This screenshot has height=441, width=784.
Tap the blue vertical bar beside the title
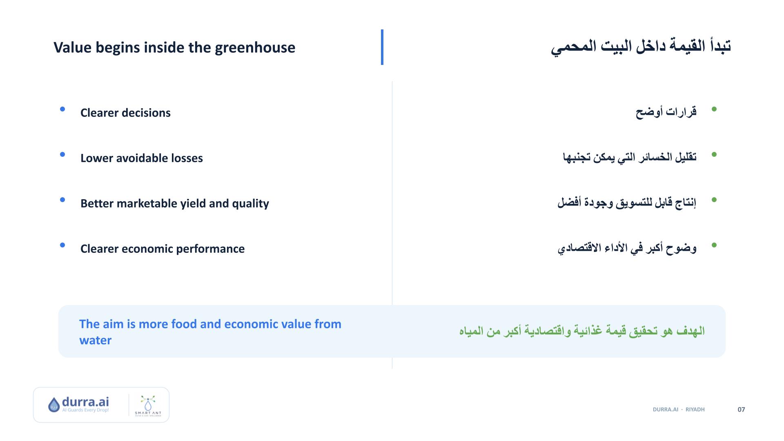click(382, 47)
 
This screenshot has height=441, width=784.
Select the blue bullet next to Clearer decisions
click(62, 109)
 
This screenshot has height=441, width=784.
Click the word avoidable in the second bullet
click(142, 158)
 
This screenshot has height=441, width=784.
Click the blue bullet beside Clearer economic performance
click(62, 245)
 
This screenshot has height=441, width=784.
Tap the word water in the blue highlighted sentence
click(95, 340)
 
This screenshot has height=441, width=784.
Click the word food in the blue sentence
click(184, 324)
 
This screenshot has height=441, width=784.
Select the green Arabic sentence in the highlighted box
click(582, 331)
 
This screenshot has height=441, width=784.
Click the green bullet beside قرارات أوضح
click(714, 109)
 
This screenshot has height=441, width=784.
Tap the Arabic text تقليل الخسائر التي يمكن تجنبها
click(630, 157)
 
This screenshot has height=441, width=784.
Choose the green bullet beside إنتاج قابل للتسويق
click(714, 200)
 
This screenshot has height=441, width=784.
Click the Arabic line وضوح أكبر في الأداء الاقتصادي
click(627, 248)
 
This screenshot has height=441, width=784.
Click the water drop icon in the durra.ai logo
click(54, 405)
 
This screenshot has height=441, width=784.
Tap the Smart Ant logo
click(148, 405)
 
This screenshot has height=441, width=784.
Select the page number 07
click(741, 410)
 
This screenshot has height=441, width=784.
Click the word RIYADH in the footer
click(695, 410)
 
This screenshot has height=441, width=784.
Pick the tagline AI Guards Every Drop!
click(85, 410)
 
